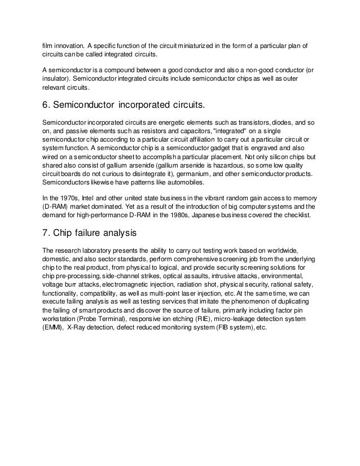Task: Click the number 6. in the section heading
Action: pyautogui.click(x=47, y=105)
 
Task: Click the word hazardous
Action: pyautogui.click(x=220, y=166)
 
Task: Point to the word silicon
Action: pyautogui.click(x=274, y=157)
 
